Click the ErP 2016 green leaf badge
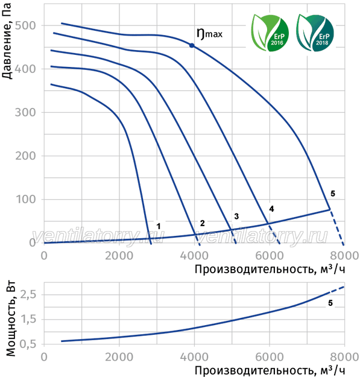[270, 33]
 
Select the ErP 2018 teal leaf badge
[315, 33]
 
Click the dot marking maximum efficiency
[192, 45]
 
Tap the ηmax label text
[209, 34]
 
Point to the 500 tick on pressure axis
[25, 25]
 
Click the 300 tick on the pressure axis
[25, 112]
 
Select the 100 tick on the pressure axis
[25, 199]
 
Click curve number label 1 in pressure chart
[159, 226]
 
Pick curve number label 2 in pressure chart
[203, 223]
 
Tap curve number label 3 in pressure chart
[236, 217]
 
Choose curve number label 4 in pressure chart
[271, 209]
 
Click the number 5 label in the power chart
[330, 303]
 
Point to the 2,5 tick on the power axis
[28, 294]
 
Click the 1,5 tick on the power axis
[28, 319]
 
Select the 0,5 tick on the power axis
[28, 344]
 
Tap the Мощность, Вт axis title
[11, 318]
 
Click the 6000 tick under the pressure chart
[270, 256]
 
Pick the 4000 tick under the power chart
[194, 357]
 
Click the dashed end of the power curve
[338, 290]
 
